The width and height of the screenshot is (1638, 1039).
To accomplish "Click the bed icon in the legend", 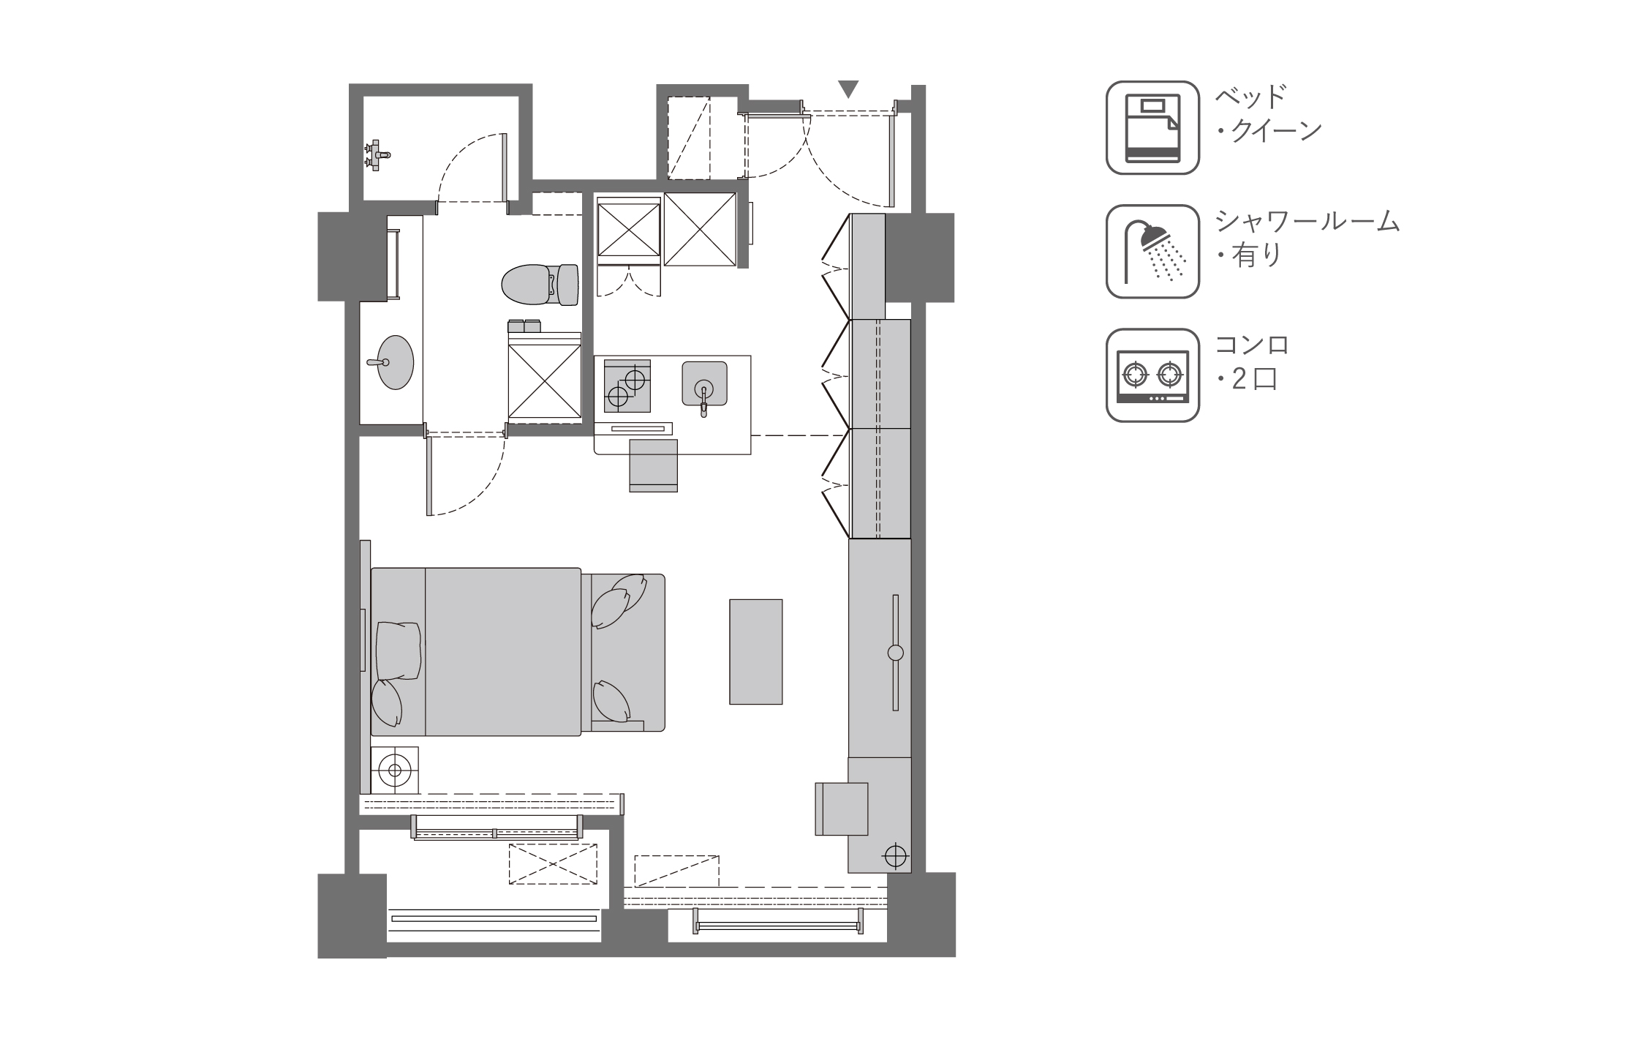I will [x=1152, y=127].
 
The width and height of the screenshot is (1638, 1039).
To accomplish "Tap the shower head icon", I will [x=1152, y=251].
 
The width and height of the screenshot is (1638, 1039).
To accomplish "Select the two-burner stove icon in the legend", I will [x=1152, y=375].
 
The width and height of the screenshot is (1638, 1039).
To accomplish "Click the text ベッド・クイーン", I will [x=1268, y=113].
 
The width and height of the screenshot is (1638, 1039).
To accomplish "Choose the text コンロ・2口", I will [x=1252, y=361].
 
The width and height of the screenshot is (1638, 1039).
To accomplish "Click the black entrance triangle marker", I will [x=848, y=89].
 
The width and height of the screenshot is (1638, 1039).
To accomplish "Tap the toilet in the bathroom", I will [x=540, y=284].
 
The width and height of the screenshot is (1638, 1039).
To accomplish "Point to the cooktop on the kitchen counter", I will [x=627, y=386].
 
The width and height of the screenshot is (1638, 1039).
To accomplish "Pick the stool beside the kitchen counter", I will [x=654, y=465].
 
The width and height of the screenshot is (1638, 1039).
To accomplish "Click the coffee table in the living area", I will [x=755, y=652].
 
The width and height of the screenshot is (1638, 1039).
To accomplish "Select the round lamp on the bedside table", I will [x=395, y=770].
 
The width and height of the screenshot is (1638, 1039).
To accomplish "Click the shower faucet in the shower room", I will [x=377, y=155].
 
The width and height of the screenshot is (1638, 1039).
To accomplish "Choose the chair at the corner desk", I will [x=842, y=809].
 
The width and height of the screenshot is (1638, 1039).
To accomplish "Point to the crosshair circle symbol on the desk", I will [x=894, y=855].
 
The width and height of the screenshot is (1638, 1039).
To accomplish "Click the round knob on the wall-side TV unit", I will [x=896, y=653].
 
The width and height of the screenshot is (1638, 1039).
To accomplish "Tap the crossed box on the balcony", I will [x=553, y=864].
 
